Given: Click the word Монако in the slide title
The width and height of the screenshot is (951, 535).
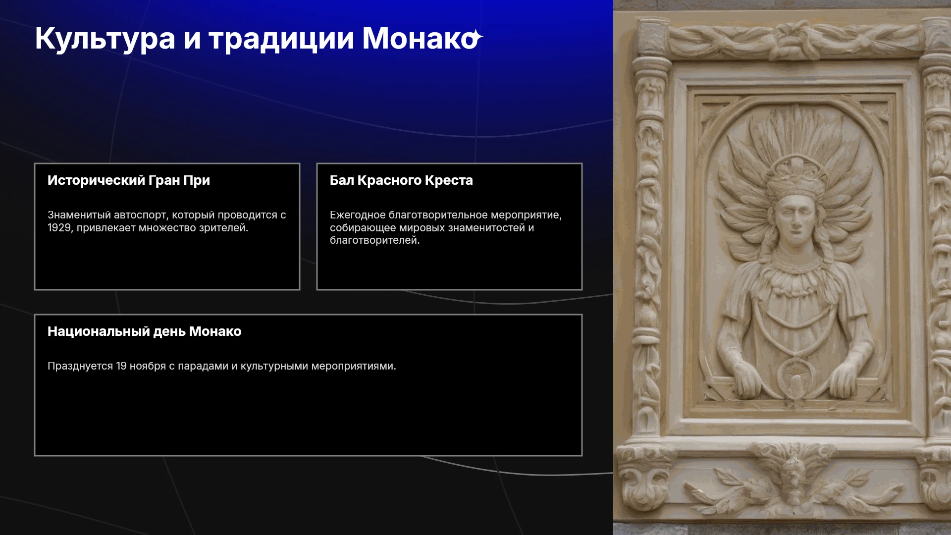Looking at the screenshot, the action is [x=420, y=38].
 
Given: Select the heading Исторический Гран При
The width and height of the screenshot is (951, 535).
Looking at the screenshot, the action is [x=129, y=180].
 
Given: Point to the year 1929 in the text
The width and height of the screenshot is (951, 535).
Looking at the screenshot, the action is [x=59, y=228].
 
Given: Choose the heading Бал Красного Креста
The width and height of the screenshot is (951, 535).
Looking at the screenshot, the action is [x=401, y=180].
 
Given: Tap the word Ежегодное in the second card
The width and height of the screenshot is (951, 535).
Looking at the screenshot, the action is [x=358, y=215].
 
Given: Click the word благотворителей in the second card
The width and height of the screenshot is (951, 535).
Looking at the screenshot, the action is [x=374, y=241].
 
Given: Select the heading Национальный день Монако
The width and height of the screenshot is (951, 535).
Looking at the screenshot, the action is [x=144, y=331].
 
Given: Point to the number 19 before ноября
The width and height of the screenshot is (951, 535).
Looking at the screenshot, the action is [x=121, y=366].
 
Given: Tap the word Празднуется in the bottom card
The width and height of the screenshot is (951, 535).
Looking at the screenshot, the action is [x=80, y=367].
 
